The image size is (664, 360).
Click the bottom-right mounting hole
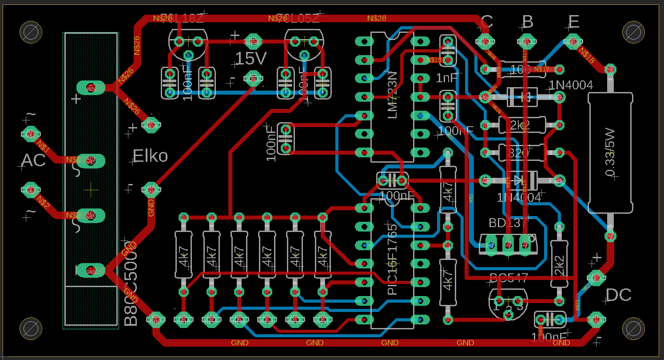point(633,328)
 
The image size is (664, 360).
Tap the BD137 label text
point(508,222)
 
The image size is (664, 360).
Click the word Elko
point(150,156)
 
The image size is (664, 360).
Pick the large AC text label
point(34,160)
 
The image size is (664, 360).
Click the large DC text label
point(618,295)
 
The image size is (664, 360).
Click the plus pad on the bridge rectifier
point(91,88)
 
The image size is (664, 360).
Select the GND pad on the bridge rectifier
point(91,270)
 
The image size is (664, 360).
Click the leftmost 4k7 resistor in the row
point(183,255)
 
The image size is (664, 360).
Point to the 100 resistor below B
point(521,69)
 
